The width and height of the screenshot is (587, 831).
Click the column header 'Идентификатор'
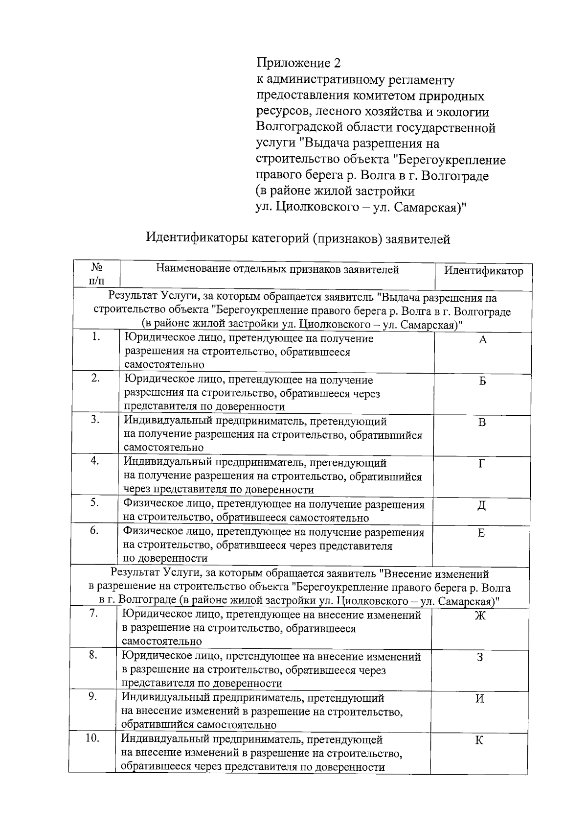click(x=483, y=271)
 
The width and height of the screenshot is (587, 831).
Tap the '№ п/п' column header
click(x=96, y=274)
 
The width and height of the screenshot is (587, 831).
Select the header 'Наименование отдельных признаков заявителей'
click(x=277, y=269)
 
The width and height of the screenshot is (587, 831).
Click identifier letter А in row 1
click(x=482, y=340)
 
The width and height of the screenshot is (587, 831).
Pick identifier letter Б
click(x=482, y=382)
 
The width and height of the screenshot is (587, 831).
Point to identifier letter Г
click(x=482, y=464)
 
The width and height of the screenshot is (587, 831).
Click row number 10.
click(x=92, y=738)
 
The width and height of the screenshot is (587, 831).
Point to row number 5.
click(x=95, y=503)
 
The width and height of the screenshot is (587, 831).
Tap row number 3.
click(x=95, y=420)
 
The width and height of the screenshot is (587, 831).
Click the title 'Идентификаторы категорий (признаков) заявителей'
click(x=298, y=239)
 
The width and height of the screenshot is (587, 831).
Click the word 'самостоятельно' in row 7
click(x=161, y=641)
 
